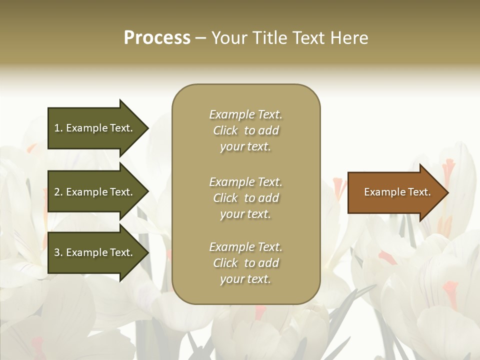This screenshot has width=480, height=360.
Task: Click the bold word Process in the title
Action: coord(157,38)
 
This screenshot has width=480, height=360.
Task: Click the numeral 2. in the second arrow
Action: coord(58,192)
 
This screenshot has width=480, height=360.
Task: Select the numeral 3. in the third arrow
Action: coord(58,252)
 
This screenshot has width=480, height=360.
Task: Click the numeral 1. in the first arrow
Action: coord(58,128)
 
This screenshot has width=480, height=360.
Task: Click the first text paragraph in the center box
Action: coord(245,130)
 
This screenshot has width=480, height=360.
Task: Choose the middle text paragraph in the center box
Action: coord(245,198)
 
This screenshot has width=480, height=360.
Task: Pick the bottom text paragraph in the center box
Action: coord(245,263)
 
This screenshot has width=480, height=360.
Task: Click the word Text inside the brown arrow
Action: coord(418,192)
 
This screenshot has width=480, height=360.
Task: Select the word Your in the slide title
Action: coord(229,38)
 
